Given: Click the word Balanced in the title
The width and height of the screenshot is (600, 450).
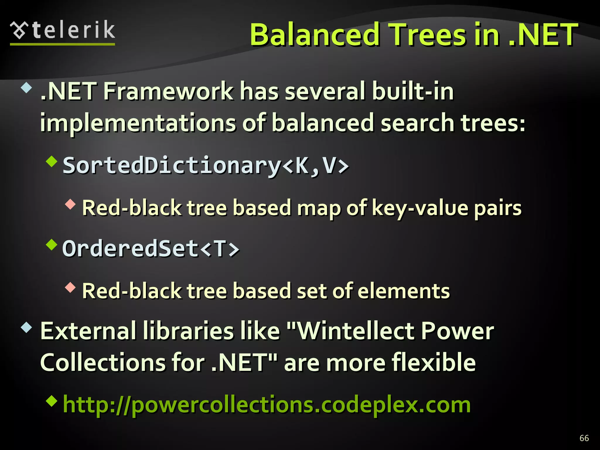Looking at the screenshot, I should [315, 35].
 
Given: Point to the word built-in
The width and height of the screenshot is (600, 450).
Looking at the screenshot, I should [413, 91].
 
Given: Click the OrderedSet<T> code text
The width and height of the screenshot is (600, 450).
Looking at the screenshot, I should [151, 249].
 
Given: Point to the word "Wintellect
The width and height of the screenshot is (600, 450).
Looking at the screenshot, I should [350, 331].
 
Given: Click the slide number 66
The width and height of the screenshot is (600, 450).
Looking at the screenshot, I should [584, 438].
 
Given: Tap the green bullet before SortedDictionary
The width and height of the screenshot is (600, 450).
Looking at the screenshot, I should [52, 161].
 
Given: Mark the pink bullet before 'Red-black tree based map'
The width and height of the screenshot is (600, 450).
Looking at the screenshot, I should [70, 204].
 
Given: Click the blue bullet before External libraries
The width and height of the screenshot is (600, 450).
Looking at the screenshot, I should [26, 327].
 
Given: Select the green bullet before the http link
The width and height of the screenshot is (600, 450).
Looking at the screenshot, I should [52, 401].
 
